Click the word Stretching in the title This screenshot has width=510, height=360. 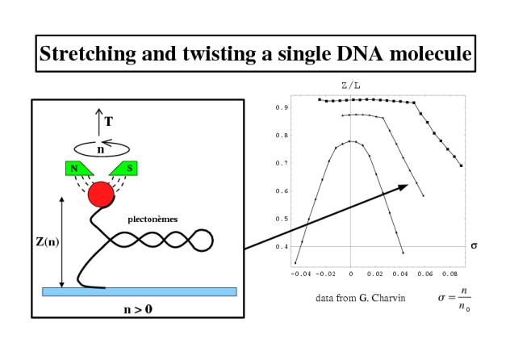87,54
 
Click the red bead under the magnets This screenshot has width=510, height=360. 101,195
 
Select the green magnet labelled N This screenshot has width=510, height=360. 79,169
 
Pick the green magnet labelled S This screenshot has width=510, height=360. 123,169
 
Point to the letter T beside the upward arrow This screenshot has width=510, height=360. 109,122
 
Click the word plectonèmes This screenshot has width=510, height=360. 153,220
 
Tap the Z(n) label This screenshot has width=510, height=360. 48,242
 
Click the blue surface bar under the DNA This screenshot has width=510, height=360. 140,291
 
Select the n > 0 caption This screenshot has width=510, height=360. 138,309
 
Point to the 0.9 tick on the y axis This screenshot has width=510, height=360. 281,107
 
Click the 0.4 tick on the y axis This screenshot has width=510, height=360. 281,247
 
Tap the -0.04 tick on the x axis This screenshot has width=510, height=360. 301,274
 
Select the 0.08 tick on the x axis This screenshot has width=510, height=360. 449,274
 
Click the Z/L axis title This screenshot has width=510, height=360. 351,86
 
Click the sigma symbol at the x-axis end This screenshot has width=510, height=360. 474,246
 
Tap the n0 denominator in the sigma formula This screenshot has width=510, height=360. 464,307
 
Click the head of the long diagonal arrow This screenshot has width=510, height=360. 404,186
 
